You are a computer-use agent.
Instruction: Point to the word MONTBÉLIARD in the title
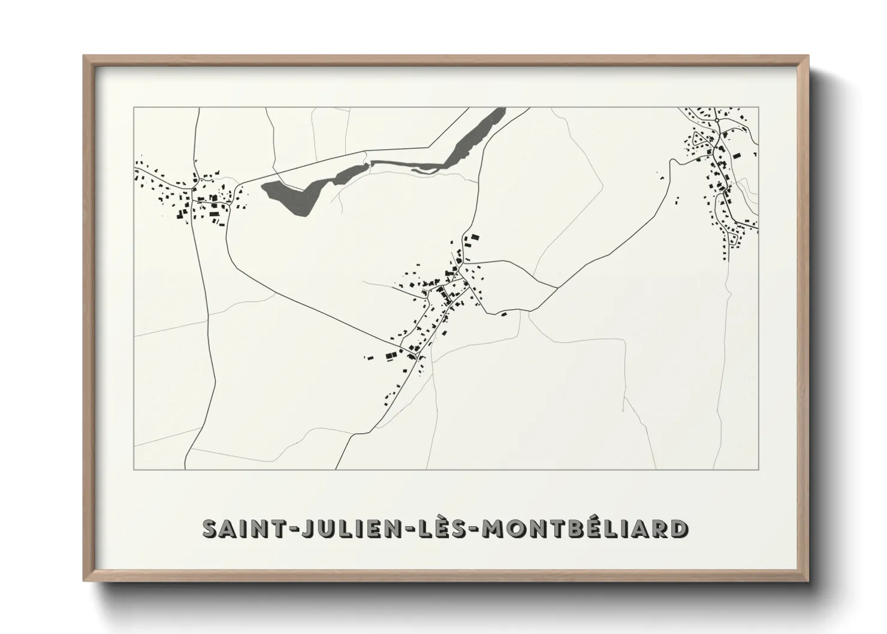click(586, 529)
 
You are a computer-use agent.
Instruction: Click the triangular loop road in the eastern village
click(698, 144)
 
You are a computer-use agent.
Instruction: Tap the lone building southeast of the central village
click(504, 313)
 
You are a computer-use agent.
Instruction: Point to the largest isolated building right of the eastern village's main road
click(736, 155)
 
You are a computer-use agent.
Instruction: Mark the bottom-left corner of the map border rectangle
click(134, 469)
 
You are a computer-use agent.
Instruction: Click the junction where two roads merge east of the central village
click(557, 288)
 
